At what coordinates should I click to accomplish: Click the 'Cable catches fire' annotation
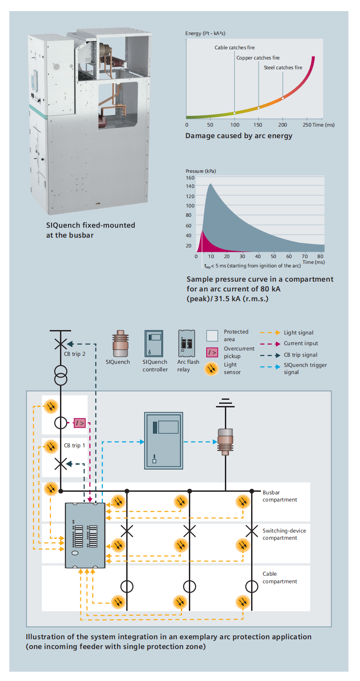pyautogui.click(x=235, y=48)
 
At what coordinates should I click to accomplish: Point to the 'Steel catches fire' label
pyautogui.click(x=283, y=68)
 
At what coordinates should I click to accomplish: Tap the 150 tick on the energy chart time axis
pyautogui.click(x=258, y=125)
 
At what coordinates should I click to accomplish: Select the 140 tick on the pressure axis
pyautogui.click(x=191, y=187)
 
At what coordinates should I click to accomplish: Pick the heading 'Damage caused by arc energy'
pyautogui.click(x=239, y=136)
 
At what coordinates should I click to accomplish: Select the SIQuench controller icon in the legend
pyautogui.click(x=154, y=343)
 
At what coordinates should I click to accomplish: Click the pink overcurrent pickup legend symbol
pyautogui.click(x=212, y=352)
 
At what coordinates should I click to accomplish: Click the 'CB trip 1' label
pyautogui.click(x=74, y=445)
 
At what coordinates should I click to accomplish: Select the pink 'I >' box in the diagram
pyautogui.click(x=80, y=423)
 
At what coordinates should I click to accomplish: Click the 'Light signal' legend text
pyautogui.click(x=299, y=333)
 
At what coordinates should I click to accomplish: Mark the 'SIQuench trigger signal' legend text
pyautogui.click(x=305, y=368)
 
